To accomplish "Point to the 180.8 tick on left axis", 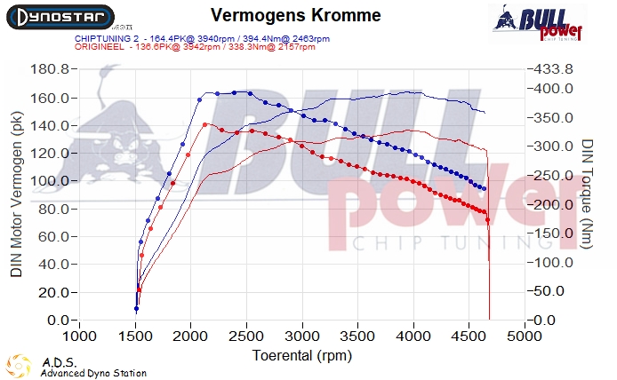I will [51, 69].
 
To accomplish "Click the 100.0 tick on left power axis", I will [51, 181].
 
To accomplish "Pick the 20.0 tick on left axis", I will [54, 292].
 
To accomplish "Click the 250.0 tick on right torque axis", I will [549, 176].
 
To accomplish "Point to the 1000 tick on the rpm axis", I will [80, 337].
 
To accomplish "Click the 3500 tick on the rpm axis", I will [358, 337].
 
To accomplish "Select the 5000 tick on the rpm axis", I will [525, 337].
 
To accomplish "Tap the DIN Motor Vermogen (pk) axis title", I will [18, 194].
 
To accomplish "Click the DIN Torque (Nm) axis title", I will [588, 194].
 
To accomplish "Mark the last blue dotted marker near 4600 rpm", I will [483, 188].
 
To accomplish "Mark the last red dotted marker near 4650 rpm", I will [487, 220].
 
